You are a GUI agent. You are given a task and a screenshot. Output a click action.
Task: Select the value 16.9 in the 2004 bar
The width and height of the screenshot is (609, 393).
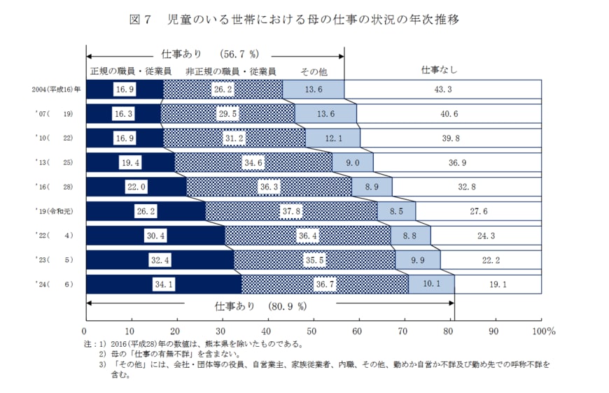[x=125, y=90]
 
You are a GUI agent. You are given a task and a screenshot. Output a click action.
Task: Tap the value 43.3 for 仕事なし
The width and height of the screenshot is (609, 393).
[x=443, y=90]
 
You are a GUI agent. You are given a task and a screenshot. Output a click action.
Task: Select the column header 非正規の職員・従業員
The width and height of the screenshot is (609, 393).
[x=230, y=71]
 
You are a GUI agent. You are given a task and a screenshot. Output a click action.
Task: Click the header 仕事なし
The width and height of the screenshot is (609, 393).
[x=439, y=69]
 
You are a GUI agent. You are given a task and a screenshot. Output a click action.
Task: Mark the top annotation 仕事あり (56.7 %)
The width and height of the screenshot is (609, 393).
[x=210, y=54]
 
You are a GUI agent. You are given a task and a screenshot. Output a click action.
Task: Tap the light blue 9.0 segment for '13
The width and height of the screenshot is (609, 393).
[x=353, y=162]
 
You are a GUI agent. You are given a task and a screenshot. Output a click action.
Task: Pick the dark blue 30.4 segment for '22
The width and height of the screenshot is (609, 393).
[x=155, y=236]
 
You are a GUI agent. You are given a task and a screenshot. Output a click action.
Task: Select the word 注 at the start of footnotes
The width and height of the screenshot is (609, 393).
[x=88, y=344]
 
